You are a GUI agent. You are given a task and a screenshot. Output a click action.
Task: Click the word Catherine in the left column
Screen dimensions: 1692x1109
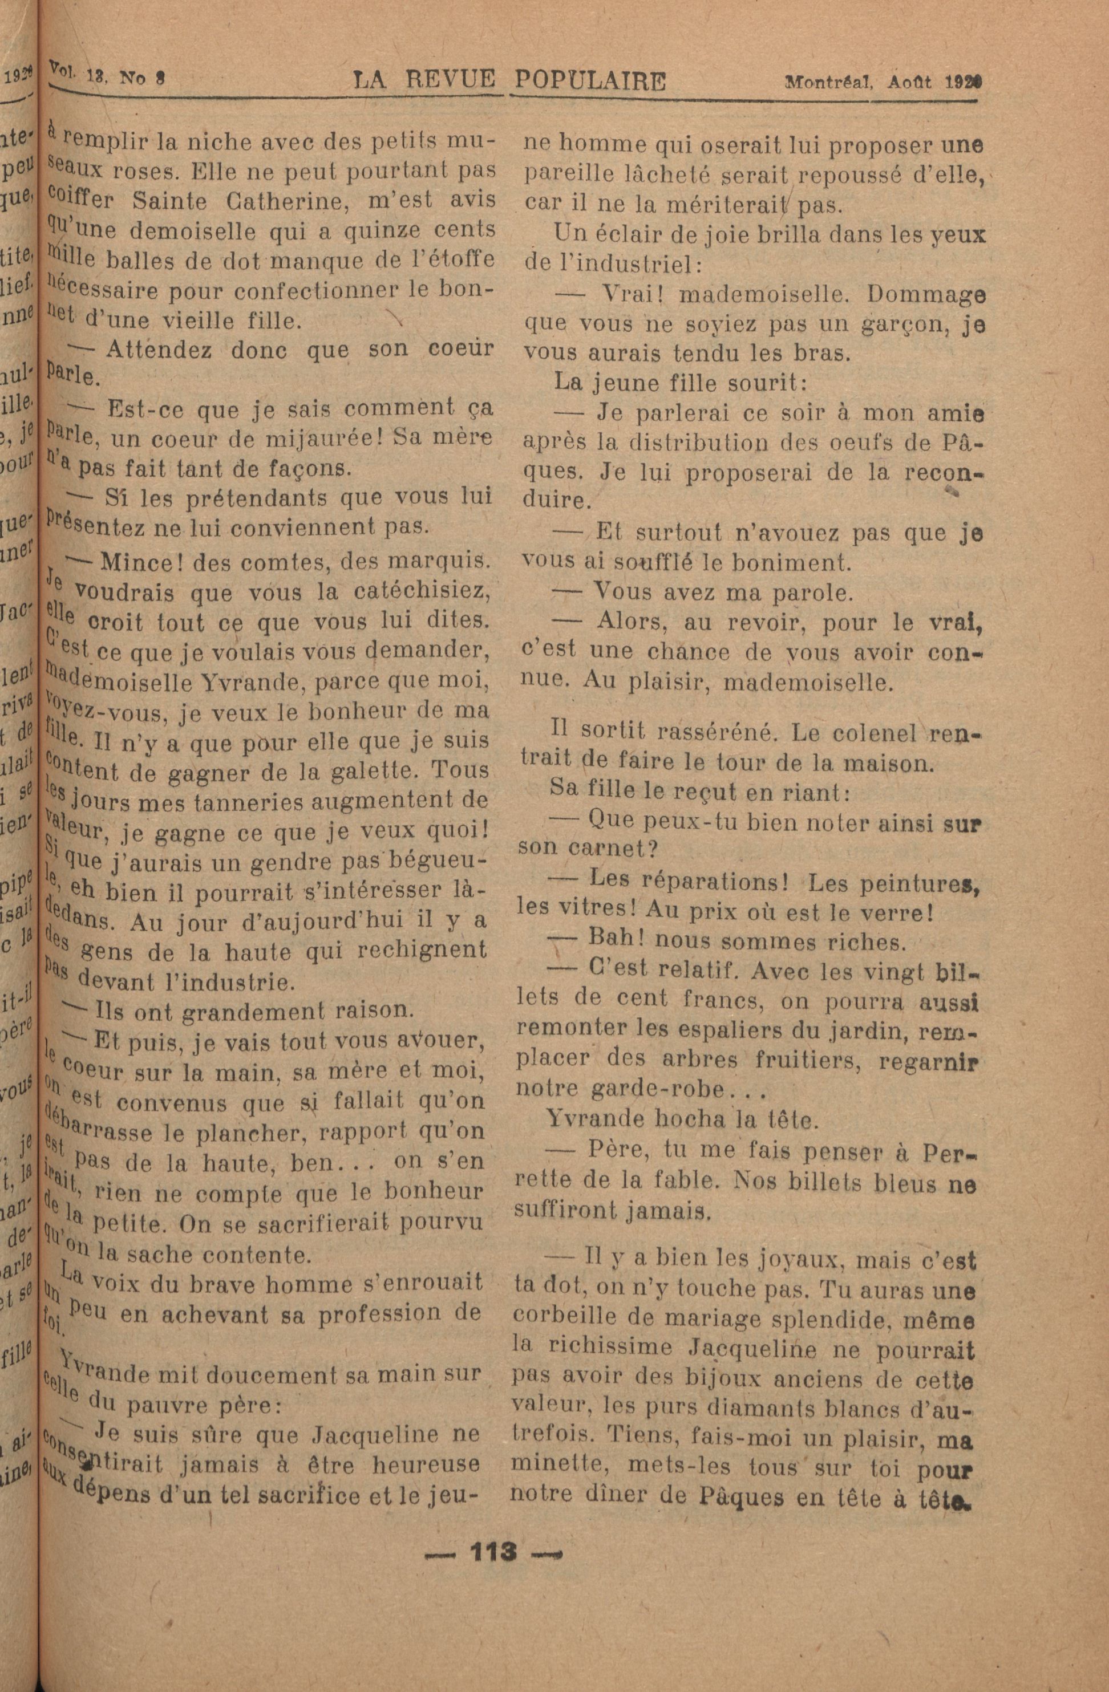coord(270,201)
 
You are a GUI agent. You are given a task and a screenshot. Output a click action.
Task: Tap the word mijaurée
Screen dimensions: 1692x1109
coord(319,438)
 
